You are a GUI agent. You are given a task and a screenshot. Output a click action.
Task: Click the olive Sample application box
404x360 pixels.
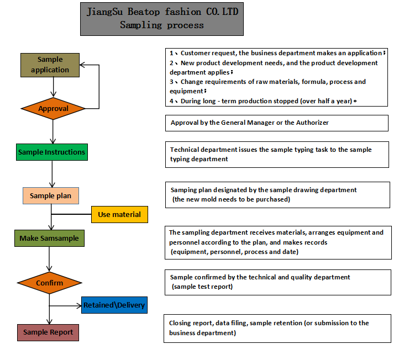[50, 65]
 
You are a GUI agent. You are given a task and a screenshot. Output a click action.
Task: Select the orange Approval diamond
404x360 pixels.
[53, 109]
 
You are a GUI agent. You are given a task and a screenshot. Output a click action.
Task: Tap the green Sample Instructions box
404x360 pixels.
[52, 152]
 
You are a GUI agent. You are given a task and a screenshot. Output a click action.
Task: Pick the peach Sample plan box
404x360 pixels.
[51, 196]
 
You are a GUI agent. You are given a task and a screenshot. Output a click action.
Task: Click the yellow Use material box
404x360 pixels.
[119, 214]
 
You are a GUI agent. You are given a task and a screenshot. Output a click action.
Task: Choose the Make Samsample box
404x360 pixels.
[50, 239]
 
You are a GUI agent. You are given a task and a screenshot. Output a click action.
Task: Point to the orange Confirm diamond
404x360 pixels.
[50, 283]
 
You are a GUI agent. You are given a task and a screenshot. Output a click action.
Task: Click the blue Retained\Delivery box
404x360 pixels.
[114, 305]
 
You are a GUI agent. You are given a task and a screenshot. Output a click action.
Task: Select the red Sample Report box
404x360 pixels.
[48, 332]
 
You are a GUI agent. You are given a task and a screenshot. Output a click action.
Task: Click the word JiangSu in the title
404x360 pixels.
[104, 12]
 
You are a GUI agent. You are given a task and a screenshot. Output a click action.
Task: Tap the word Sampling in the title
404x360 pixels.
[141, 25]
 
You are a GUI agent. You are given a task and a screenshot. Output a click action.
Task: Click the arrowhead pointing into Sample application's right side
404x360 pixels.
[82, 65]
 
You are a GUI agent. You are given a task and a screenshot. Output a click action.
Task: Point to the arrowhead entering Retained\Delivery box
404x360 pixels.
[79, 306]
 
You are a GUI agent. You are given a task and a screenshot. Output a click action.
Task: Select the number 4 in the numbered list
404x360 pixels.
[171, 101]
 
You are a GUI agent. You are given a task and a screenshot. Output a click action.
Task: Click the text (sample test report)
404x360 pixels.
[202, 287]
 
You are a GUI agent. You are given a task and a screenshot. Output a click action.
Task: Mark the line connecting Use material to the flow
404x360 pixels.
[71, 214]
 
